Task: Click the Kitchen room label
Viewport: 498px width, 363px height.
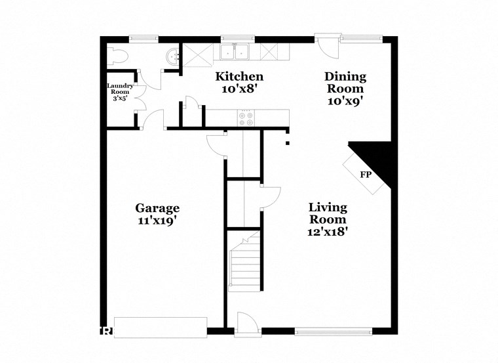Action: tap(240, 77)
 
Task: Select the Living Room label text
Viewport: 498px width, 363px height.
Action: tap(328, 213)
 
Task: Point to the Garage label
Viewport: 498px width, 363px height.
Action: tap(157, 209)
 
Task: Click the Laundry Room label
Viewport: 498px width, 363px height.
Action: tap(121, 89)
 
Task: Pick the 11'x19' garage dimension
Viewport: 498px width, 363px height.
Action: tap(157, 222)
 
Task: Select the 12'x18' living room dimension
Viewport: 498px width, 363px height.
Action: tap(328, 232)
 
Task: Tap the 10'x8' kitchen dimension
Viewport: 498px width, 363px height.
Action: tap(240, 89)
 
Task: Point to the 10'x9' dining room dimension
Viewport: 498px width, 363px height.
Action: tap(345, 101)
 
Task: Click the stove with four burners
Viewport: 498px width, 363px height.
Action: tap(248, 117)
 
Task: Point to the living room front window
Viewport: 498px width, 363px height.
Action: tap(334, 331)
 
